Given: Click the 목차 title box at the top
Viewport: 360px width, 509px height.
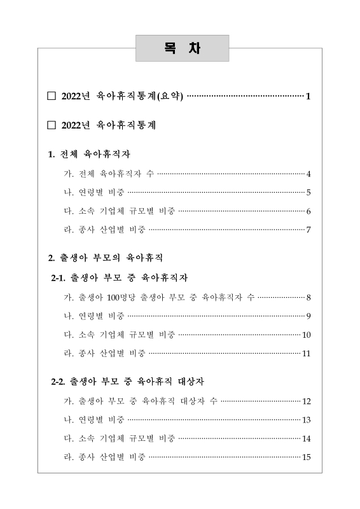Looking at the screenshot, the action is click(182, 48).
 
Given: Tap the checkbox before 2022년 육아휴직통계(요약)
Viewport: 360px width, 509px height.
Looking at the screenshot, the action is click(52, 97).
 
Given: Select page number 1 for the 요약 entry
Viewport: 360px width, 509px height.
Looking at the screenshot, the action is click(308, 97).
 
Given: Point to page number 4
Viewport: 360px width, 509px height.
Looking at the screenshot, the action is click(308, 174).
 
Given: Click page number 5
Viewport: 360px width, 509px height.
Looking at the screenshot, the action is click(308, 193).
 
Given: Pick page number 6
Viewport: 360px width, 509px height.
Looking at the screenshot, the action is click(308, 211).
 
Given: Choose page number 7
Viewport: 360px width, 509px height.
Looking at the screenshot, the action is click(308, 230).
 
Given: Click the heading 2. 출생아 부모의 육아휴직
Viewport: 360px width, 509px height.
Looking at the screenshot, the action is click(106, 258).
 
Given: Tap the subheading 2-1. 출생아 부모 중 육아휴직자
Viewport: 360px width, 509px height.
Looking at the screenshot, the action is click(119, 278).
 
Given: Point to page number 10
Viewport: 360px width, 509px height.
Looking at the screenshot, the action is click(306, 335).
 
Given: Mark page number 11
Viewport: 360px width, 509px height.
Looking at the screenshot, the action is click(306, 354).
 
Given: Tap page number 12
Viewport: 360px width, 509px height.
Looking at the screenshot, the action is click(306, 401).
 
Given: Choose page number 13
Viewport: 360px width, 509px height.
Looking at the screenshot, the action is click(306, 420).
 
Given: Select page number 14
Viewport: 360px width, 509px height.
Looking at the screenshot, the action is click(306, 438).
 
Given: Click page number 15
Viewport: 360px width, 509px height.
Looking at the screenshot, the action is click(306, 457).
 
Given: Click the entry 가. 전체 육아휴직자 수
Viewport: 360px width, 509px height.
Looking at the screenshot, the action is click(109, 174).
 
